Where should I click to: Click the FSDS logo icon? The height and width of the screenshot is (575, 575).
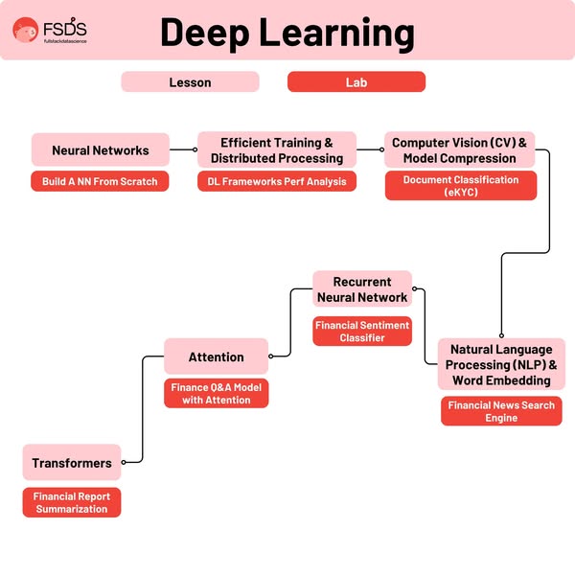[x=26, y=30]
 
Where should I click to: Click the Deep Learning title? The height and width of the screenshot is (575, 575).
[x=287, y=32]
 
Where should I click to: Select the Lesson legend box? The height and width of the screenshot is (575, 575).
[x=190, y=82]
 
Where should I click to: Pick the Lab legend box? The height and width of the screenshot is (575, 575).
[x=356, y=82]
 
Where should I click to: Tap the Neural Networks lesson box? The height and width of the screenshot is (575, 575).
[x=100, y=150]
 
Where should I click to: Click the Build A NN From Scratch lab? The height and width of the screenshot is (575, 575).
[x=100, y=181]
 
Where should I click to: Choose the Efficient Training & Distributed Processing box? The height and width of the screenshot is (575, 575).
[x=276, y=150]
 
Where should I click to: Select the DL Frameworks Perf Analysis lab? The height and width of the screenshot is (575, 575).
[x=276, y=181]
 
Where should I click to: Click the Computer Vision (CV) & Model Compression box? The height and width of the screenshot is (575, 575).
[x=460, y=150]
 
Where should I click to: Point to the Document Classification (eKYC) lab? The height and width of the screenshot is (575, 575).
[x=460, y=186]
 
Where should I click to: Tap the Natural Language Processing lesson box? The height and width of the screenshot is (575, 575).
[x=501, y=365]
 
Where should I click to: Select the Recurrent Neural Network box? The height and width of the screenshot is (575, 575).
[x=362, y=289]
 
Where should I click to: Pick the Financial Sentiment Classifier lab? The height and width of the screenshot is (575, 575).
[x=362, y=332]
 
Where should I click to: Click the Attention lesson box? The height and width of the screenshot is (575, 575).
[x=217, y=356]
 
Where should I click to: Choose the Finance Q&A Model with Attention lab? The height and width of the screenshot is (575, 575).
[x=217, y=393]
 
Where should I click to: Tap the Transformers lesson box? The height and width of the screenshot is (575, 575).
[x=72, y=463]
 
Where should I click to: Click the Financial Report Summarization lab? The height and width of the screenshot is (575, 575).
[x=72, y=502]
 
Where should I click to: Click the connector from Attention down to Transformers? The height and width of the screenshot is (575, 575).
[x=143, y=412]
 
